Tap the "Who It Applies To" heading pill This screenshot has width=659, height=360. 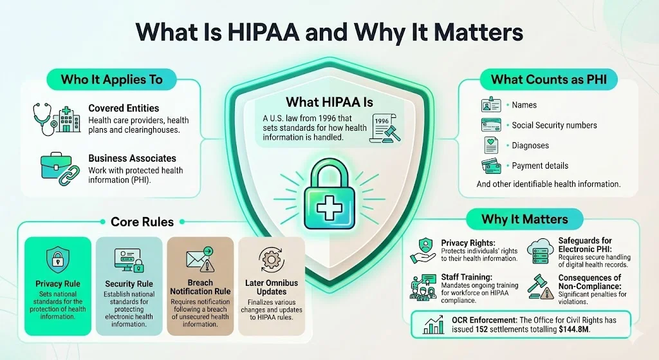pyautogui.click(x=111, y=80)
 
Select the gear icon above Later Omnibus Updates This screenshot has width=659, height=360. pyautogui.click(x=270, y=260)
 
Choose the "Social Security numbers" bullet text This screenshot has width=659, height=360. pyautogui.click(x=554, y=125)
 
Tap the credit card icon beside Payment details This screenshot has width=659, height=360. pyautogui.click(x=490, y=165)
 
